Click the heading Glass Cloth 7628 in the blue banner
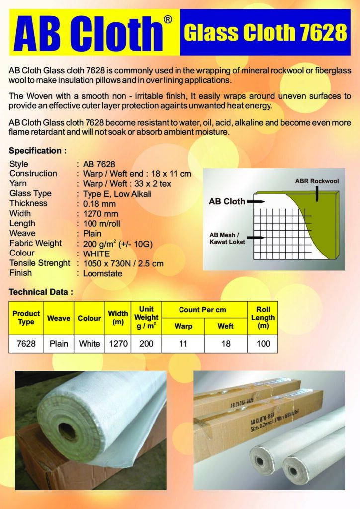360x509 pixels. tap(265, 33)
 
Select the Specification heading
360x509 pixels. tap(38, 150)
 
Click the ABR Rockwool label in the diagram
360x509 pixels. tap(317, 181)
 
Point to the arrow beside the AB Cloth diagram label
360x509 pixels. tap(255, 202)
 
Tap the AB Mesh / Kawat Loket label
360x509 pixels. tap(227, 239)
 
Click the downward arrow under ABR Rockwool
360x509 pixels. tap(317, 194)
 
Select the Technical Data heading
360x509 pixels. tap(41, 292)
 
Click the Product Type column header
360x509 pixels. tap(26, 318)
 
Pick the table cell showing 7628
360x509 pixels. tap(26, 343)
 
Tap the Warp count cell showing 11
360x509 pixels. tap(183, 343)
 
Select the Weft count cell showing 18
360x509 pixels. tap(226, 343)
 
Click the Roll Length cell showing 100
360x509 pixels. tap(263, 343)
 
